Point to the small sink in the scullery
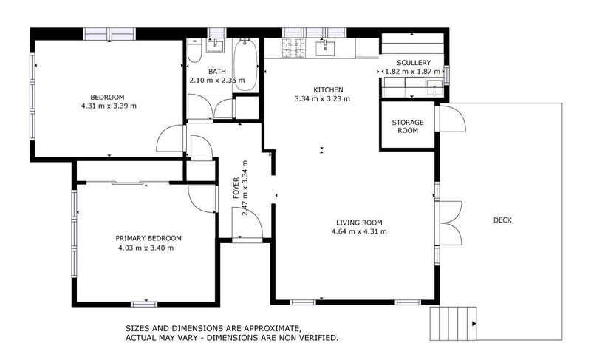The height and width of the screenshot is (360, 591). (436, 89)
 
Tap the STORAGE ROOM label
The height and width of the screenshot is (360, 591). (405, 126)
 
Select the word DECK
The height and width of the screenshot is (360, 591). (502, 220)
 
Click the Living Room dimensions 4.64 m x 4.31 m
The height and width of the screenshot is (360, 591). (359, 231)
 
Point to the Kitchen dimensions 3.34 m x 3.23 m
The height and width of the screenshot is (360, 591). (322, 98)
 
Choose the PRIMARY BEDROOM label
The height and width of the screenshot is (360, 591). (148, 238)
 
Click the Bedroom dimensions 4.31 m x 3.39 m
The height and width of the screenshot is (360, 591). (109, 106)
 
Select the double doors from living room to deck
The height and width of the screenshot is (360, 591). (449, 222)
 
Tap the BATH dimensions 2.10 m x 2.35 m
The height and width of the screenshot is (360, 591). (216, 81)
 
